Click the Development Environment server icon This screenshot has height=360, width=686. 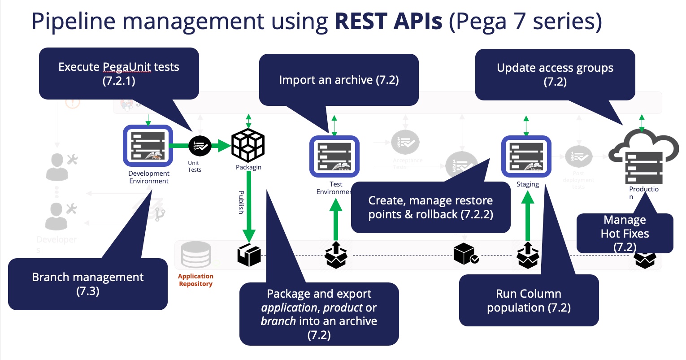pos(148,146)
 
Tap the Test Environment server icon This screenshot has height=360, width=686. pos(334,156)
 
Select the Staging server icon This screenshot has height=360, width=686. pos(526,156)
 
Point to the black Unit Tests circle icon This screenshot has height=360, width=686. pos(200,146)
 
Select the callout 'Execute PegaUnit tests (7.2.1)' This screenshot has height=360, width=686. pos(119,74)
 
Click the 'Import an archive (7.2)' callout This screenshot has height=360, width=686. pos(339,80)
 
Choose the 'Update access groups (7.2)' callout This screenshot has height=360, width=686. pos(555,74)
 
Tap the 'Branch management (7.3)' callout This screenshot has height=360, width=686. pos(88,284)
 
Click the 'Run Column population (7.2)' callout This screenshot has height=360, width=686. pos(529,300)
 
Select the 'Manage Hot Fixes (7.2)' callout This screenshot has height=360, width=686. pos(625,233)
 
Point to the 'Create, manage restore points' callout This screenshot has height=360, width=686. pos(430,207)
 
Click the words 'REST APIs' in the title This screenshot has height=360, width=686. pos(388,21)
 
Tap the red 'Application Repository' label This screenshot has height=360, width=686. pos(195,280)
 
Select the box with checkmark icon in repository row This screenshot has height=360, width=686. pos(465,254)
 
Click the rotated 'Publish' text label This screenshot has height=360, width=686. pos(241,202)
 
